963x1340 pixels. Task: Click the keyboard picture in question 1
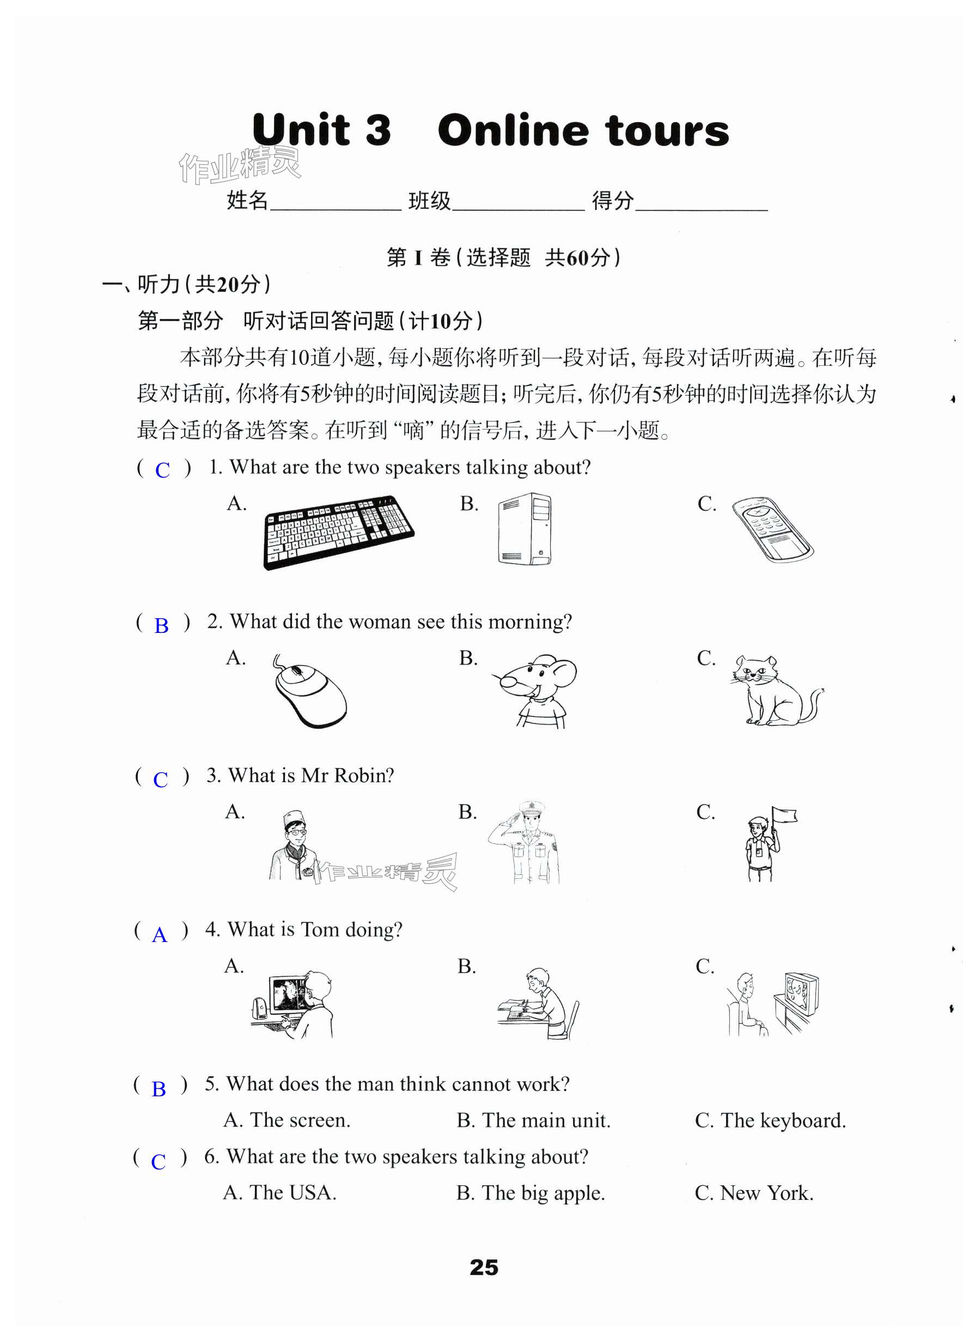point(338,532)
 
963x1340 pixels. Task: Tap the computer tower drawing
point(525,528)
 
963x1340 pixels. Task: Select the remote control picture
point(772,529)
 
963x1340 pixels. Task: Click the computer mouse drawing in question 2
point(309,691)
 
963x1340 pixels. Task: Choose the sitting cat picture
point(773,690)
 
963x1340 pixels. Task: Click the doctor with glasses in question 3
point(294,846)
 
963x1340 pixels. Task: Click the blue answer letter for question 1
point(162,470)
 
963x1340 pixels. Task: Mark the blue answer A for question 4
point(160,935)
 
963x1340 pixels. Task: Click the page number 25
point(484,1267)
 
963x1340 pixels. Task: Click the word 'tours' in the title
point(667,131)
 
